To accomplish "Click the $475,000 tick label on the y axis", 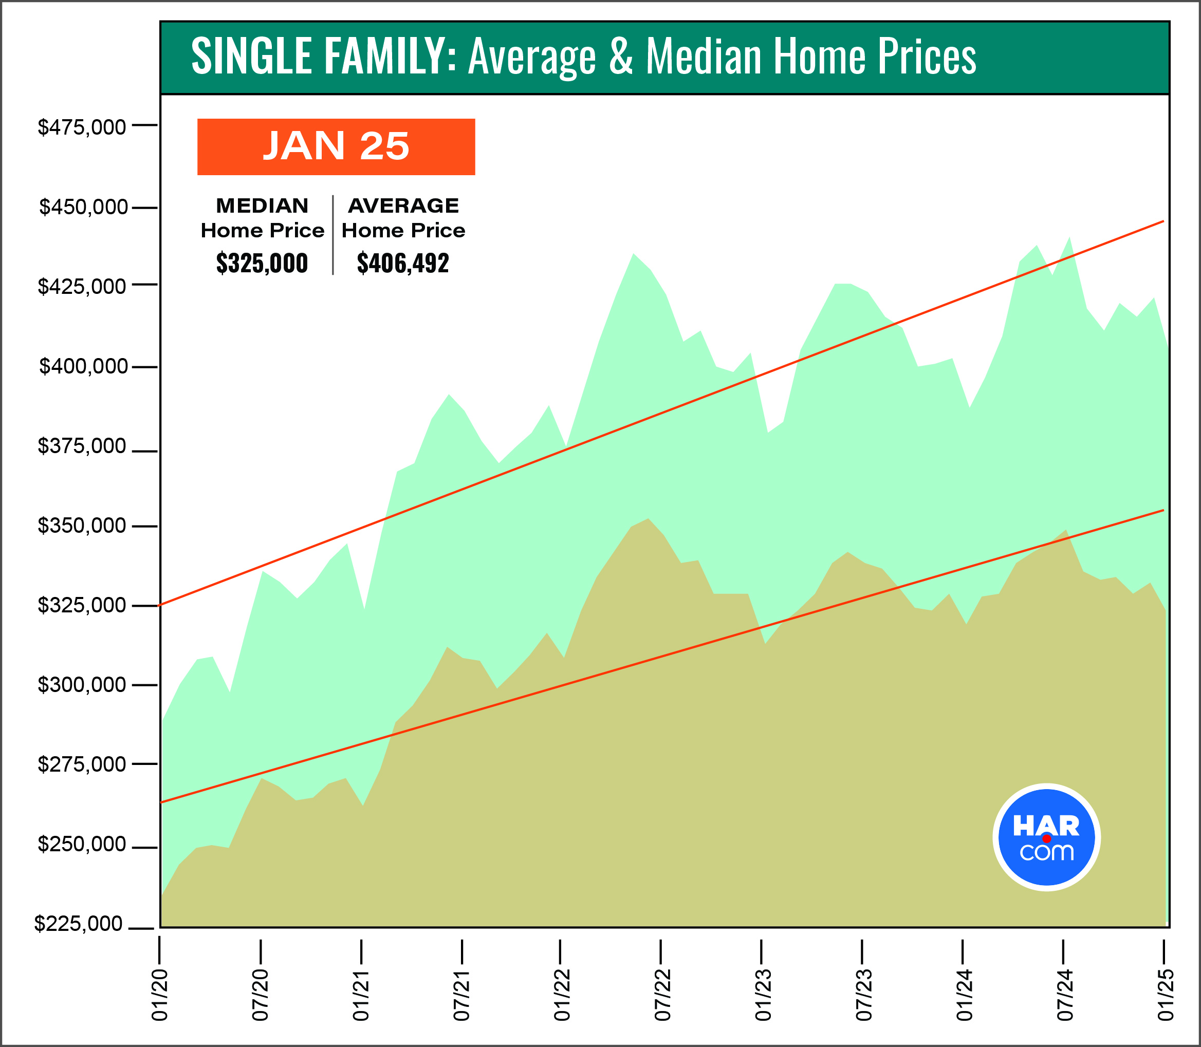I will coord(82,127).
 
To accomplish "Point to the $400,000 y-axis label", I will coord(83,366).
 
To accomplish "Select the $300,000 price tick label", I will coord(82,684).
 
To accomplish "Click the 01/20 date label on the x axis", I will coord(159,995).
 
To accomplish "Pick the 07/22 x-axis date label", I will coord(662,995).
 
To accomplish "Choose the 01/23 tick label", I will coord(763,995).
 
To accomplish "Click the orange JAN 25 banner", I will coord(336,146).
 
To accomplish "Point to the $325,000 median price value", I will coord(262,264).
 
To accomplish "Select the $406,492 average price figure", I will coord(403,264).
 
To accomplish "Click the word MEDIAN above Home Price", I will coord(262,205).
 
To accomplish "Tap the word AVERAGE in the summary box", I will coord(403,205).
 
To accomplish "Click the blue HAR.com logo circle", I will coord(1046,837).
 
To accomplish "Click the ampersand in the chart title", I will coord(621,57).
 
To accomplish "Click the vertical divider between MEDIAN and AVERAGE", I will coord(333,235).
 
